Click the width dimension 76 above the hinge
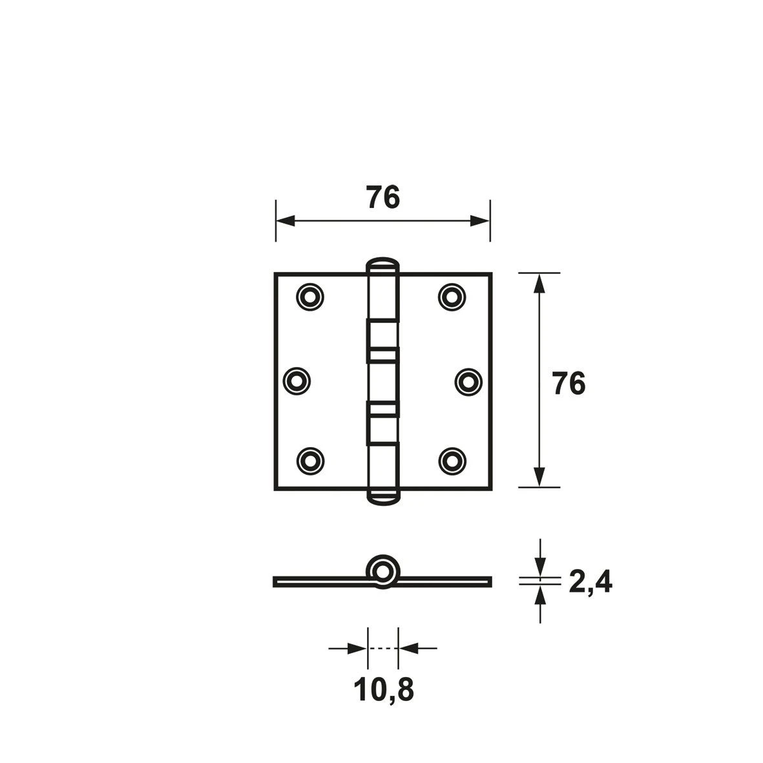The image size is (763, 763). pos(384,197)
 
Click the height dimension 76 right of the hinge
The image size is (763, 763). pos(569,384)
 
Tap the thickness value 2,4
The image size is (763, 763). pos(591,581)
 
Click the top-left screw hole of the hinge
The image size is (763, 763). pos(310,297)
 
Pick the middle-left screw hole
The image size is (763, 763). pos(297,381)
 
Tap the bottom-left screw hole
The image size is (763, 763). pos(310,461)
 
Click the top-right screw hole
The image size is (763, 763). pos(452,297)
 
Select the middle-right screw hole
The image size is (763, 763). pos(468,381)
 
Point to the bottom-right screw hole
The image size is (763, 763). pos(452,461)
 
